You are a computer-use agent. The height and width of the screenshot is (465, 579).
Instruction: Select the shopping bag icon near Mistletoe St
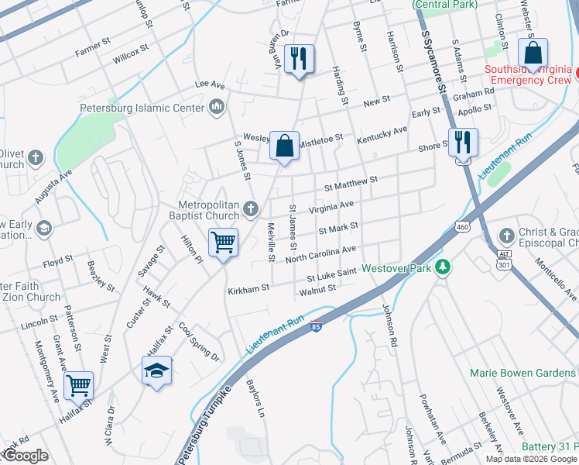point(285,145)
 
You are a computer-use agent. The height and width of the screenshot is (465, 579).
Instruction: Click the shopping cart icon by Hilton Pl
point(223,243)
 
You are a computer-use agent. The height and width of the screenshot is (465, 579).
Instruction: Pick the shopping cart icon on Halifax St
point(79,385)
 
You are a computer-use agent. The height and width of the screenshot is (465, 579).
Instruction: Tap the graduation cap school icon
point(156,370)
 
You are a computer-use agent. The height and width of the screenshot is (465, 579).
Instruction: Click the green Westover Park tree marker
point(443,267)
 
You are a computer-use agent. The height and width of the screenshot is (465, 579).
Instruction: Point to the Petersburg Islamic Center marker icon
point(218,107)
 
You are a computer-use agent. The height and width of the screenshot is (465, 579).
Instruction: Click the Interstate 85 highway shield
point(316,328)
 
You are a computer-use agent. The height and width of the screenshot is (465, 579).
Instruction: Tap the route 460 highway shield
point(462,226)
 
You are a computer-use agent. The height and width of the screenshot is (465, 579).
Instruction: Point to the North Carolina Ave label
point(320,253)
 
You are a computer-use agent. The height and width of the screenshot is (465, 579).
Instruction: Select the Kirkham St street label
point(248,289)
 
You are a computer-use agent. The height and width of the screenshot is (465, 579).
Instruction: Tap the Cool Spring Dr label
point(199,341)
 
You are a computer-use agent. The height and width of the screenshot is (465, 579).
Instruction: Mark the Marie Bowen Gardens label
point(523,373)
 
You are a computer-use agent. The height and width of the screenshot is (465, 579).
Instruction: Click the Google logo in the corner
point(26,456)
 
